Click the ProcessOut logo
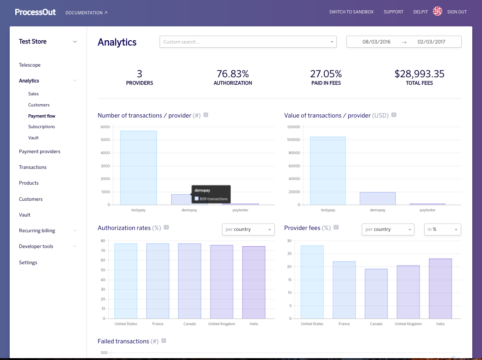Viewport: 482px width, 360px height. click(x=35, y=12)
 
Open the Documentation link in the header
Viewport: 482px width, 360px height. click(x=86, y=12)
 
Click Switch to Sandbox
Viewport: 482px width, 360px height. click(x=351, y=12)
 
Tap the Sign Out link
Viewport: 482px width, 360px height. click(x=457, y=12)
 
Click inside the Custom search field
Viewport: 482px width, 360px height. click(x=245, y=42)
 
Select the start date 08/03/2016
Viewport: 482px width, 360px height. click(x=376, y=42)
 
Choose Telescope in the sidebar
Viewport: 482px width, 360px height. click(x=30, y=65)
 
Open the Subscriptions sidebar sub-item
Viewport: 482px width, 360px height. click(x=41, y=127)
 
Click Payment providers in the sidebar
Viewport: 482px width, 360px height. click(x=39, y=152)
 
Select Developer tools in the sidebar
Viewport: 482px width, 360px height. click(x=36, y=247)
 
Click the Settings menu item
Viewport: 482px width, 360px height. click(x=28, y=263)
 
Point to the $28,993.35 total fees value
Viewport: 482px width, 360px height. click(x=419, y=74)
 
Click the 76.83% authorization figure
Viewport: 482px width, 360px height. click(x=233, y=74)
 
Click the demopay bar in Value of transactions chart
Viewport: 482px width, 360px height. click(x=377, y=199)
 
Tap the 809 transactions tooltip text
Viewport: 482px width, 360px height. click(x=213, y=199)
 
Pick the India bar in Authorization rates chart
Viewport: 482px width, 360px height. click(x=253, y=282)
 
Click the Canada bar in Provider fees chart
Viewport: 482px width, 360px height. click(x=376, y=293)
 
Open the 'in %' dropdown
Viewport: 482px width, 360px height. click(x=442, y=230)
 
